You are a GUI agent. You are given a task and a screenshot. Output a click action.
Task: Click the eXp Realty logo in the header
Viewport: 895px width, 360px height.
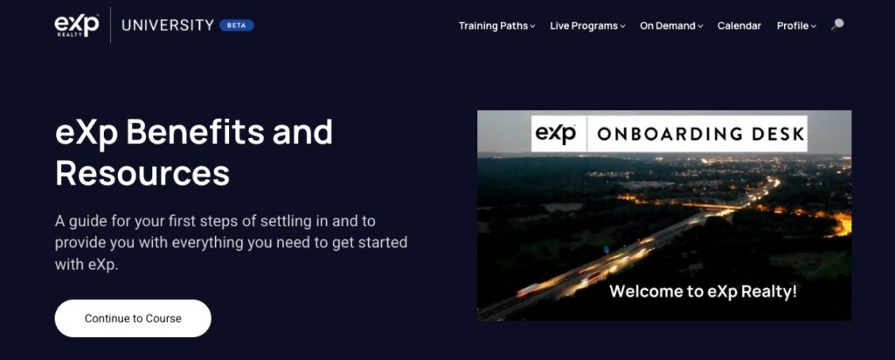[x=77, y=25]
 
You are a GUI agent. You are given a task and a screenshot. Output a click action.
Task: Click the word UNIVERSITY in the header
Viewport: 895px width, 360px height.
[x=168, y=25]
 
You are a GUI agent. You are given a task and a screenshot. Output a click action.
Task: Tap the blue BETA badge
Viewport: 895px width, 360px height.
[x=236, y=25]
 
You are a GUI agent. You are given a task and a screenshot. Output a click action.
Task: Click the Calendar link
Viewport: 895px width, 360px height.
[x=739, y=25]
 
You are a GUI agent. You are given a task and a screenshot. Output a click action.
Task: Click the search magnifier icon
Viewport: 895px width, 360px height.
[x=837, y=24]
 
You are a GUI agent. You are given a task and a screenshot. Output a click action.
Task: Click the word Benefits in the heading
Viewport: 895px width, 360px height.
[x=195, y=132]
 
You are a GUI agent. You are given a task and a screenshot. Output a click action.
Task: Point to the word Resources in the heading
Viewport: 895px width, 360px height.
[x=142, y=173]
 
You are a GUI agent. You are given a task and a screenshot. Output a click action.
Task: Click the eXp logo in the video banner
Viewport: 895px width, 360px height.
[x=555, y=134]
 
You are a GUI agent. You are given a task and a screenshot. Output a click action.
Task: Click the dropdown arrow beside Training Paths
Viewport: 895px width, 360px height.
[x=532, y=26]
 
